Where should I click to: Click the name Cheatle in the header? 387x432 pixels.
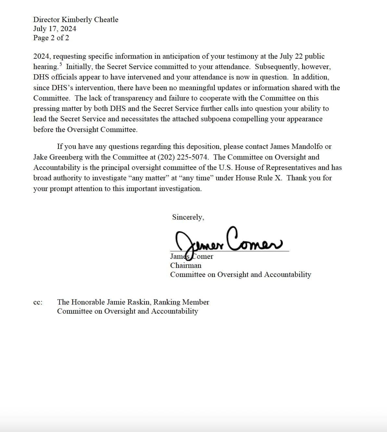click(x=106, y=19)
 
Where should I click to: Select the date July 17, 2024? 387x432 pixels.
click(x=55, y=29)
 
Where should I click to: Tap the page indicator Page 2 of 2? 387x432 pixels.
click(x=51, y=38)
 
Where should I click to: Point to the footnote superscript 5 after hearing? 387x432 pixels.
click(x=61, y=64)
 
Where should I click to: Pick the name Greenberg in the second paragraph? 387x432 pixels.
click(x=66, y=157)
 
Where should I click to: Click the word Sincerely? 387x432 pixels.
click(x=188, y=217)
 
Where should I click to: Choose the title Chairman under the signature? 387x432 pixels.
click(x=186, y=265)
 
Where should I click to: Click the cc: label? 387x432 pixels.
click(x=38, y=302)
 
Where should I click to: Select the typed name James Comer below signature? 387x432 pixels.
click(x=192, y=257)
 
